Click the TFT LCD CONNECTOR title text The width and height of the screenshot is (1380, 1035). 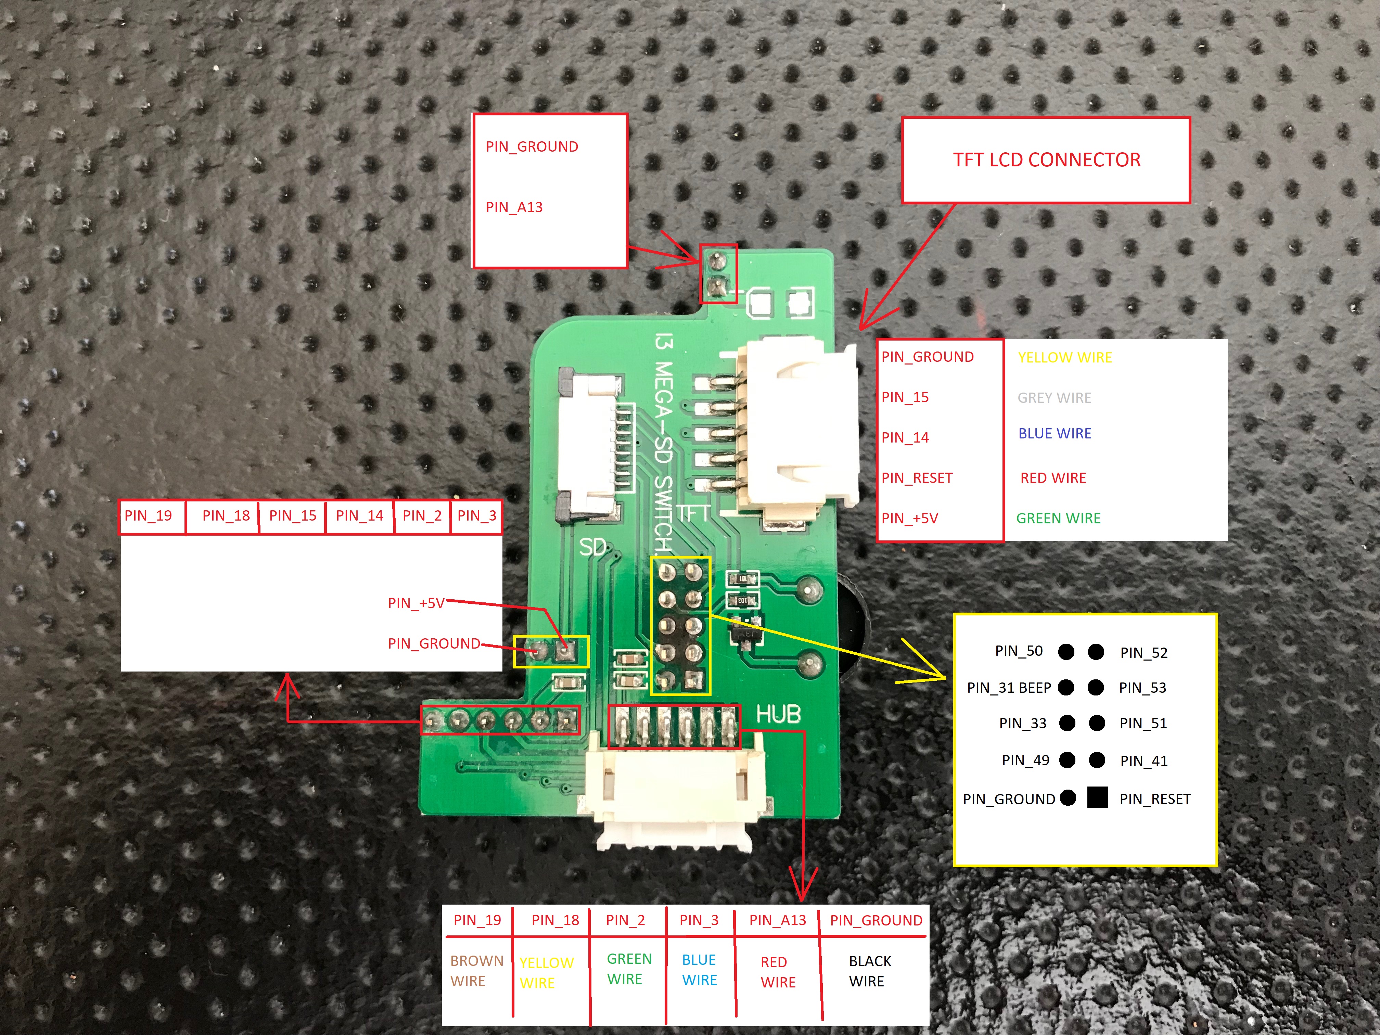[1046, 160]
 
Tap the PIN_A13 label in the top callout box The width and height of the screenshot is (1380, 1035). [514, 207]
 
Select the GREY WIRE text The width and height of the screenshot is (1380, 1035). [1055, 397]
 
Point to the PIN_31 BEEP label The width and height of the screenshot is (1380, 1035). [1009, 688]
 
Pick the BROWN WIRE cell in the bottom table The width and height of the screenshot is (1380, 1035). [477, 971]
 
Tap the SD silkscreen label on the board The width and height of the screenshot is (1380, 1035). [593, 547]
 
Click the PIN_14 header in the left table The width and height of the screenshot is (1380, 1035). [359, 515]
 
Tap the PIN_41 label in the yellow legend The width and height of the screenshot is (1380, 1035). [1143, 761]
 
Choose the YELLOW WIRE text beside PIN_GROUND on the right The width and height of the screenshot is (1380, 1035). [1065, 357]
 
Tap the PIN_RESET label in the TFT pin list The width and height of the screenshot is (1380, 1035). [917, 478]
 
